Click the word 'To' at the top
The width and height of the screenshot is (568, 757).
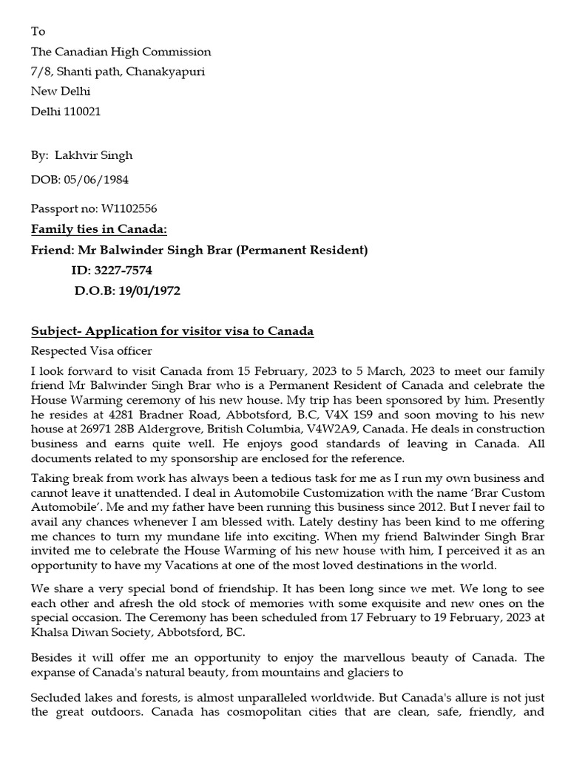tap(38, 32)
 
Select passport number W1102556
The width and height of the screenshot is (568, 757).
tap(124, 209)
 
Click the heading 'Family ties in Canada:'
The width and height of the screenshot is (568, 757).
tap(98, 229)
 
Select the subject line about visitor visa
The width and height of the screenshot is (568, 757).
tap(172, 331)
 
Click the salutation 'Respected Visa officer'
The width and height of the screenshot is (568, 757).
tap(91, 350)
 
